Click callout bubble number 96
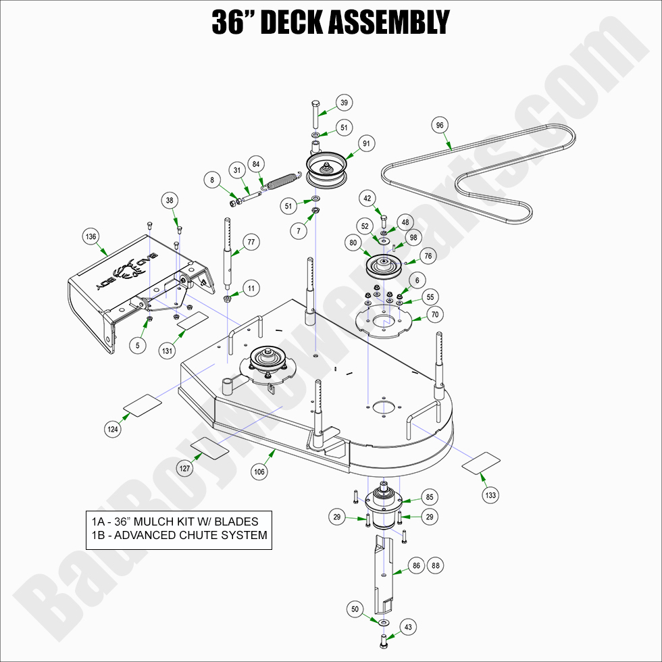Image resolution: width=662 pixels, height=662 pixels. coord(440,125)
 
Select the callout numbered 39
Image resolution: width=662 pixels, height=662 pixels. coord(344,103)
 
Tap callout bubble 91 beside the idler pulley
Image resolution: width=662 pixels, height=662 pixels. coord(367,143)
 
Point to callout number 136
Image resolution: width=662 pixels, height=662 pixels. coord(91,236)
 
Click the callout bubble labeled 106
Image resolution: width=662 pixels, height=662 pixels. coord(259,472)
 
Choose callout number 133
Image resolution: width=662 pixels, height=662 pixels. coord(490,495)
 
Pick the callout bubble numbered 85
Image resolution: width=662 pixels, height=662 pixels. coord(429,497)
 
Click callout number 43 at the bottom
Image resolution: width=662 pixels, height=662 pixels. coord(407,628)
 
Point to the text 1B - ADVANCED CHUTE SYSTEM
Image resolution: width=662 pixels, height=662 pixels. coord(179,536)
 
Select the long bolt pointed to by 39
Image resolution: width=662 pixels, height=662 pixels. coord(316,116)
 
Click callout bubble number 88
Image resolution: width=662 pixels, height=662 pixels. coord(435,565)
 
